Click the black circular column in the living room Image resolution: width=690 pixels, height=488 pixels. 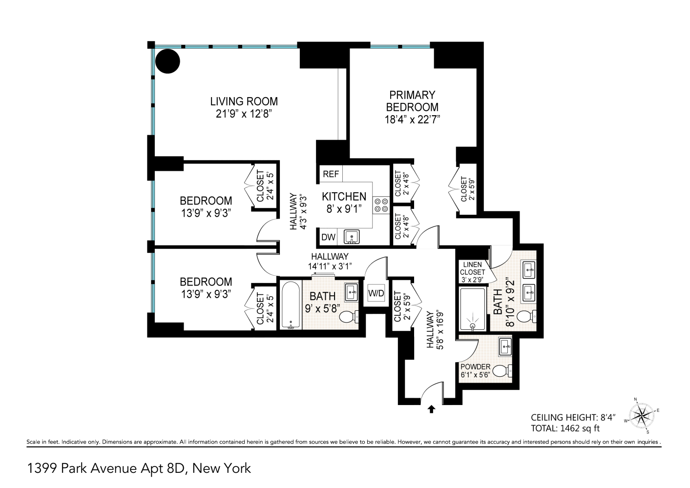click(x=167, y=61)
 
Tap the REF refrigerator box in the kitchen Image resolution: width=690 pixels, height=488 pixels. click(x=331, y=174)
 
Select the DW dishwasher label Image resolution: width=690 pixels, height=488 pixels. click(x=328, y=237)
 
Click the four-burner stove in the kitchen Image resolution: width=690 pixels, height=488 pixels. click(x=381, y=205)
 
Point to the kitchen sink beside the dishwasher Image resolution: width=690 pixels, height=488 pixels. click(x=351, y=237)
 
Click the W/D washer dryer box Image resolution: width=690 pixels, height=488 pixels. click(x=376, y=294)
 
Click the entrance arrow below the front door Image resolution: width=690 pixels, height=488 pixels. click(x=431, y=409)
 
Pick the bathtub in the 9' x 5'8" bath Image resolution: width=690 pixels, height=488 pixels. click(x=290, y=305)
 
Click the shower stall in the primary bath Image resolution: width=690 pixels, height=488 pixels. click(x=472, y=310)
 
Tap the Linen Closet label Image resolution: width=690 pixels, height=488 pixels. click(x=472, y=272)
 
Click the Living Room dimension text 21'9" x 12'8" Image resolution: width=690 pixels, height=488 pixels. click(x=244, y=114)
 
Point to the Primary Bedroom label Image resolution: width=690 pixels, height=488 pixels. click(x=412, y=101)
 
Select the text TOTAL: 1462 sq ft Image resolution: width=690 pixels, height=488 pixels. click(x=565, y=428)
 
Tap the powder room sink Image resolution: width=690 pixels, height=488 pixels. click(x=505, y=346)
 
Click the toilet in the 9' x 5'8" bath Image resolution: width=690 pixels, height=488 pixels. click(x=348, y=318)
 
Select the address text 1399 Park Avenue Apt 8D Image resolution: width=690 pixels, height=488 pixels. click(x=139, y=468)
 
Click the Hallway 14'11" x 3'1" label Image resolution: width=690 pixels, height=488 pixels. click(x=330, y=261)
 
